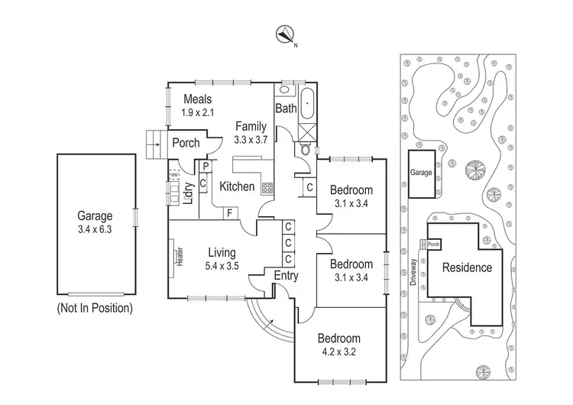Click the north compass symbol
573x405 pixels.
(x=286, y=34)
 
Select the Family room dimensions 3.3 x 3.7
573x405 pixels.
(x=250, y=140)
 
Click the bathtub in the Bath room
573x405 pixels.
(x=306, y=103)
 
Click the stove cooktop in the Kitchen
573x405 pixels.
(x=268, y=186)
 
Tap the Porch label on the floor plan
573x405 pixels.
(x=186, y=143)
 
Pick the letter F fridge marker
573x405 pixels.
(x=230, y=213)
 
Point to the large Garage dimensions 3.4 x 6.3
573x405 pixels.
(x=95, y=228)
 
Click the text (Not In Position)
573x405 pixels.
(x=95, y=309)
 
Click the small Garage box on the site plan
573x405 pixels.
(x=422, y=173)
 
